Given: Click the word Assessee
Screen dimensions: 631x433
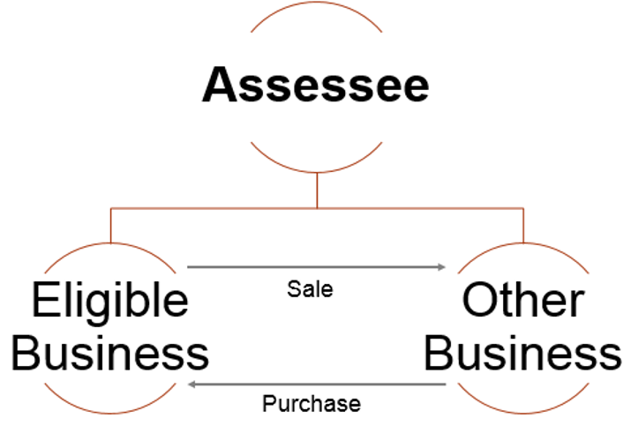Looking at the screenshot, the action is pos(316,85).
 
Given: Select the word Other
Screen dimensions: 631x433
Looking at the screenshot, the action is pos(523,300).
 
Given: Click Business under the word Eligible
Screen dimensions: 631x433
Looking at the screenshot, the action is pos(109,353).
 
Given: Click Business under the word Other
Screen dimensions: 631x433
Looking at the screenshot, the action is pos(522,353).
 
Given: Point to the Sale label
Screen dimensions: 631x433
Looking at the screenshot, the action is pos(310,289).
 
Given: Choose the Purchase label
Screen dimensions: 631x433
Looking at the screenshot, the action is pos(312,403).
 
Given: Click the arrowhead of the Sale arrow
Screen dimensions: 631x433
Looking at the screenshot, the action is pos(442,266).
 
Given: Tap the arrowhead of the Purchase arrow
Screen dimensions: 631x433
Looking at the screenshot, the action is pos(192,384).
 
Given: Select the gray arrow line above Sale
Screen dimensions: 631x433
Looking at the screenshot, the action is pos(317,266).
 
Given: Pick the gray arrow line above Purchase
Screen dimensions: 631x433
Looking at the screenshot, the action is pos(317,384).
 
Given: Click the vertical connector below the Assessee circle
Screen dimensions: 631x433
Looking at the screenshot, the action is pos(317,190).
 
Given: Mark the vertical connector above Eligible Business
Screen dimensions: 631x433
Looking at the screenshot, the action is pos(110,226).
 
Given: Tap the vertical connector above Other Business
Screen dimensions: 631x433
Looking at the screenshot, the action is pos(523,226).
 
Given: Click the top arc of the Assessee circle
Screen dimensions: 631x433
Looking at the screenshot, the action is pos(316,2).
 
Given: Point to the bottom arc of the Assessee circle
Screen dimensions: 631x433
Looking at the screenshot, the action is pos(316,172).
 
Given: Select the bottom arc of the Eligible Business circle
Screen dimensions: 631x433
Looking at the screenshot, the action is pos(110,413).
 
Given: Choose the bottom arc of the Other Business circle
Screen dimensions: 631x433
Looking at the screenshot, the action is pos(523,413).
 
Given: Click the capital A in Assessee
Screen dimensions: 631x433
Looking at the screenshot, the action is pos(220,84).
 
